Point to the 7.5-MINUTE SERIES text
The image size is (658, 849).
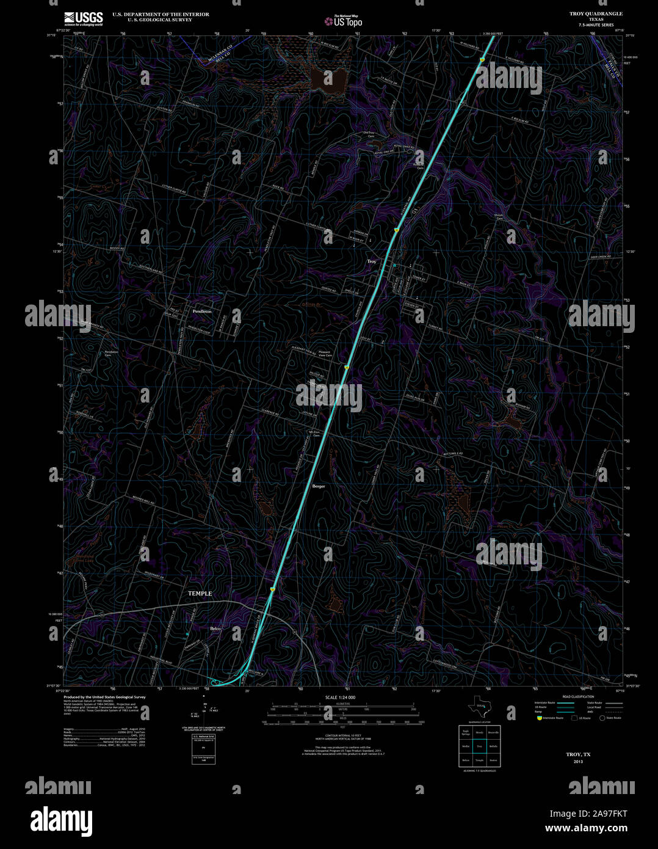[597, 25]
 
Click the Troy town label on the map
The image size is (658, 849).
[372, 261]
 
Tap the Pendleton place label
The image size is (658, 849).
[202, 312]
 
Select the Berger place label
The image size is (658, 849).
[319, 486]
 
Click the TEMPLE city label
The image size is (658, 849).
[200, 594]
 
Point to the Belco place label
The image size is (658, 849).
[215, 629]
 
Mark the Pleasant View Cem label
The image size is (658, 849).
[324, 354]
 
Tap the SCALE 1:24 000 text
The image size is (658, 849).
[340, 697]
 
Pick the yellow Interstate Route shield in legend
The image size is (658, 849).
[540, 718]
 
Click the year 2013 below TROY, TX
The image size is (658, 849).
[578, 762]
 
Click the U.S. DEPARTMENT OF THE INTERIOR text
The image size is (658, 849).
[161, 14]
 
